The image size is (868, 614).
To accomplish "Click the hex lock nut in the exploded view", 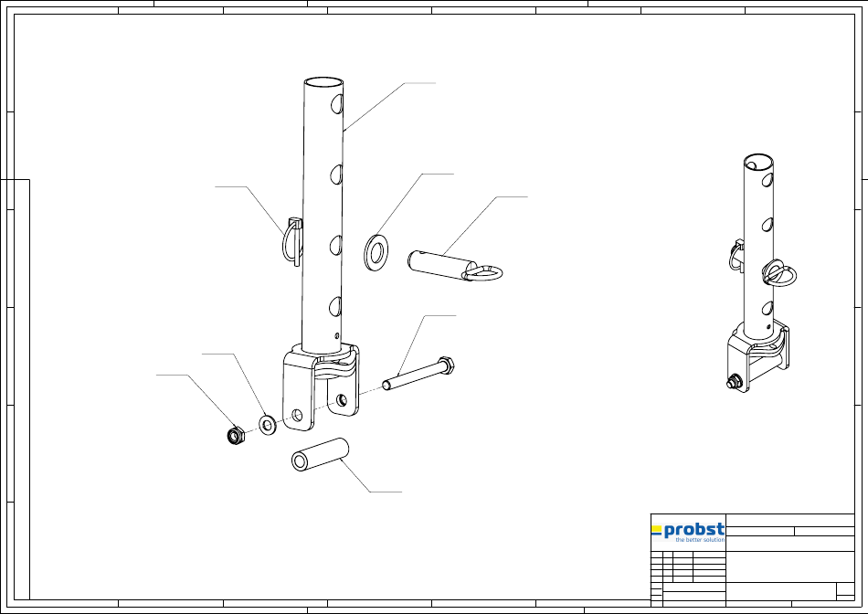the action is (236, 436).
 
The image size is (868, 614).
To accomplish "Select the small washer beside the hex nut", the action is (268, 425).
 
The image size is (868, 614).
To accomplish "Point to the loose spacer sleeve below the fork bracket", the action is (320, 454).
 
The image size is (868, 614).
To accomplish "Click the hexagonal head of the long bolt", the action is (446, 365).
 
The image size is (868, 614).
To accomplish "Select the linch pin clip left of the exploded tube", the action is (292, 242).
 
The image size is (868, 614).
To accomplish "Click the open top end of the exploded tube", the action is (323, 82).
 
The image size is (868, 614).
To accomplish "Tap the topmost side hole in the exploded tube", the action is (336, 103).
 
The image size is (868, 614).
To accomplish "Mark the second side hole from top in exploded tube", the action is (336, 175).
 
